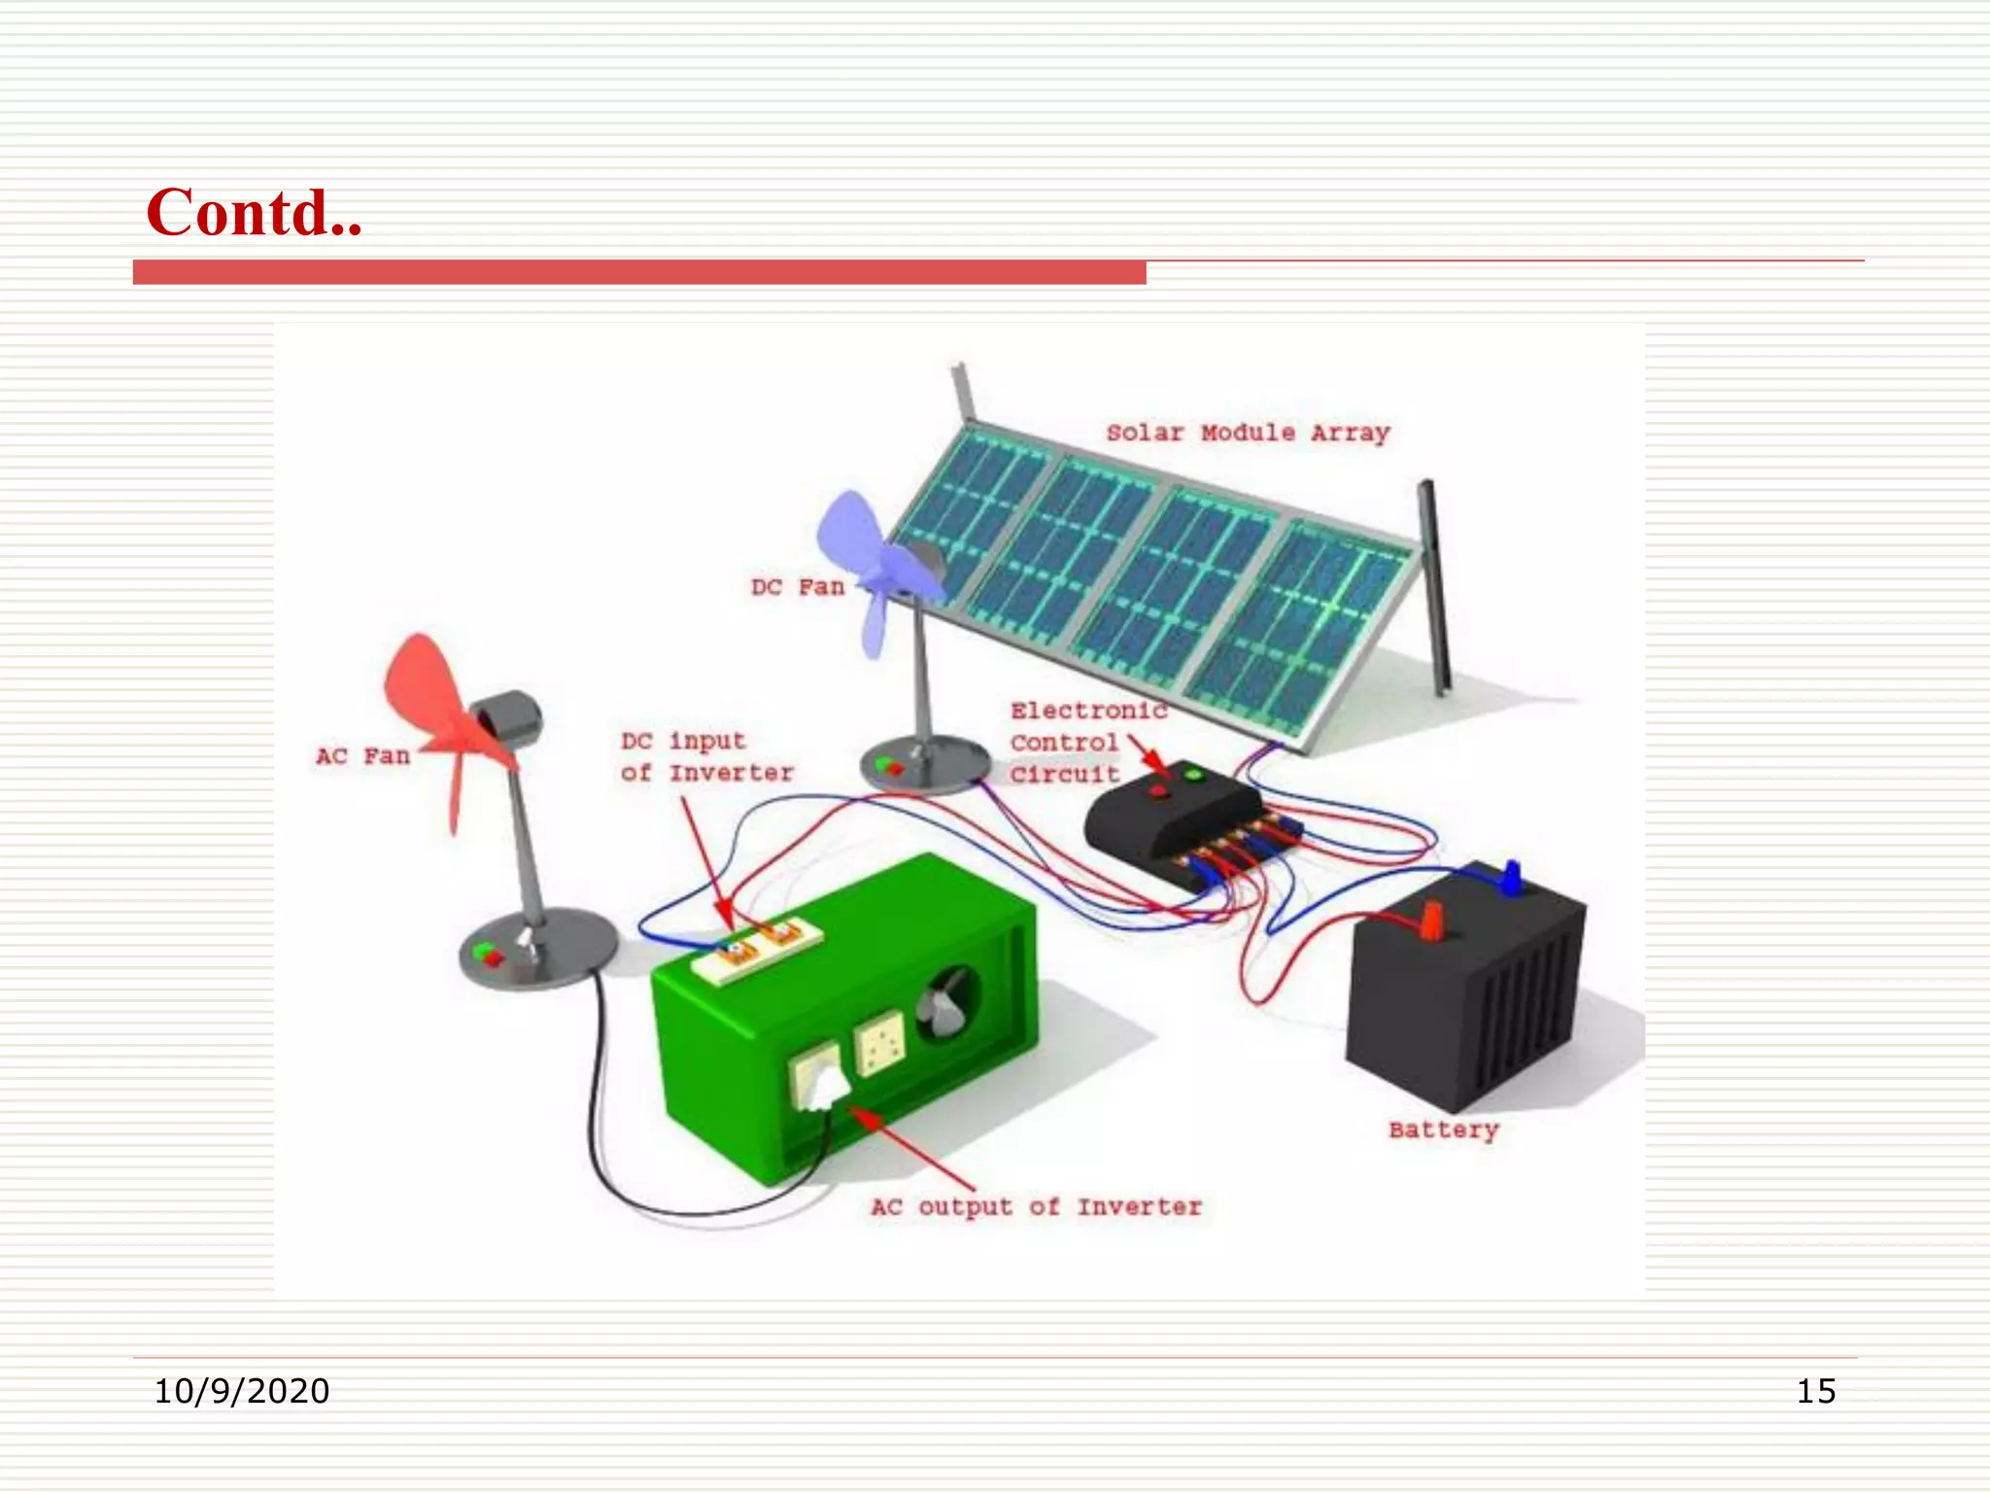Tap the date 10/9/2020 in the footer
[242, 1391]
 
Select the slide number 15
[1815, 1391]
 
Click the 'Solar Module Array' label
[1248, 433]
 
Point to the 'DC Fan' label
[797, 587]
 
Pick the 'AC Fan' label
[362, 756]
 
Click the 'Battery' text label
[1443, 1129]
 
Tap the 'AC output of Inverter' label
[1036, 1207]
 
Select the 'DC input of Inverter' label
[706, 757]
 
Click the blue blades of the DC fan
[870, 564]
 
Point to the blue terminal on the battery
[1511, 878]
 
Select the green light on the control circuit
[1193, 775]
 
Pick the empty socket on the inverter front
[879, 1042]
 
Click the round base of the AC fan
[537, 948]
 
